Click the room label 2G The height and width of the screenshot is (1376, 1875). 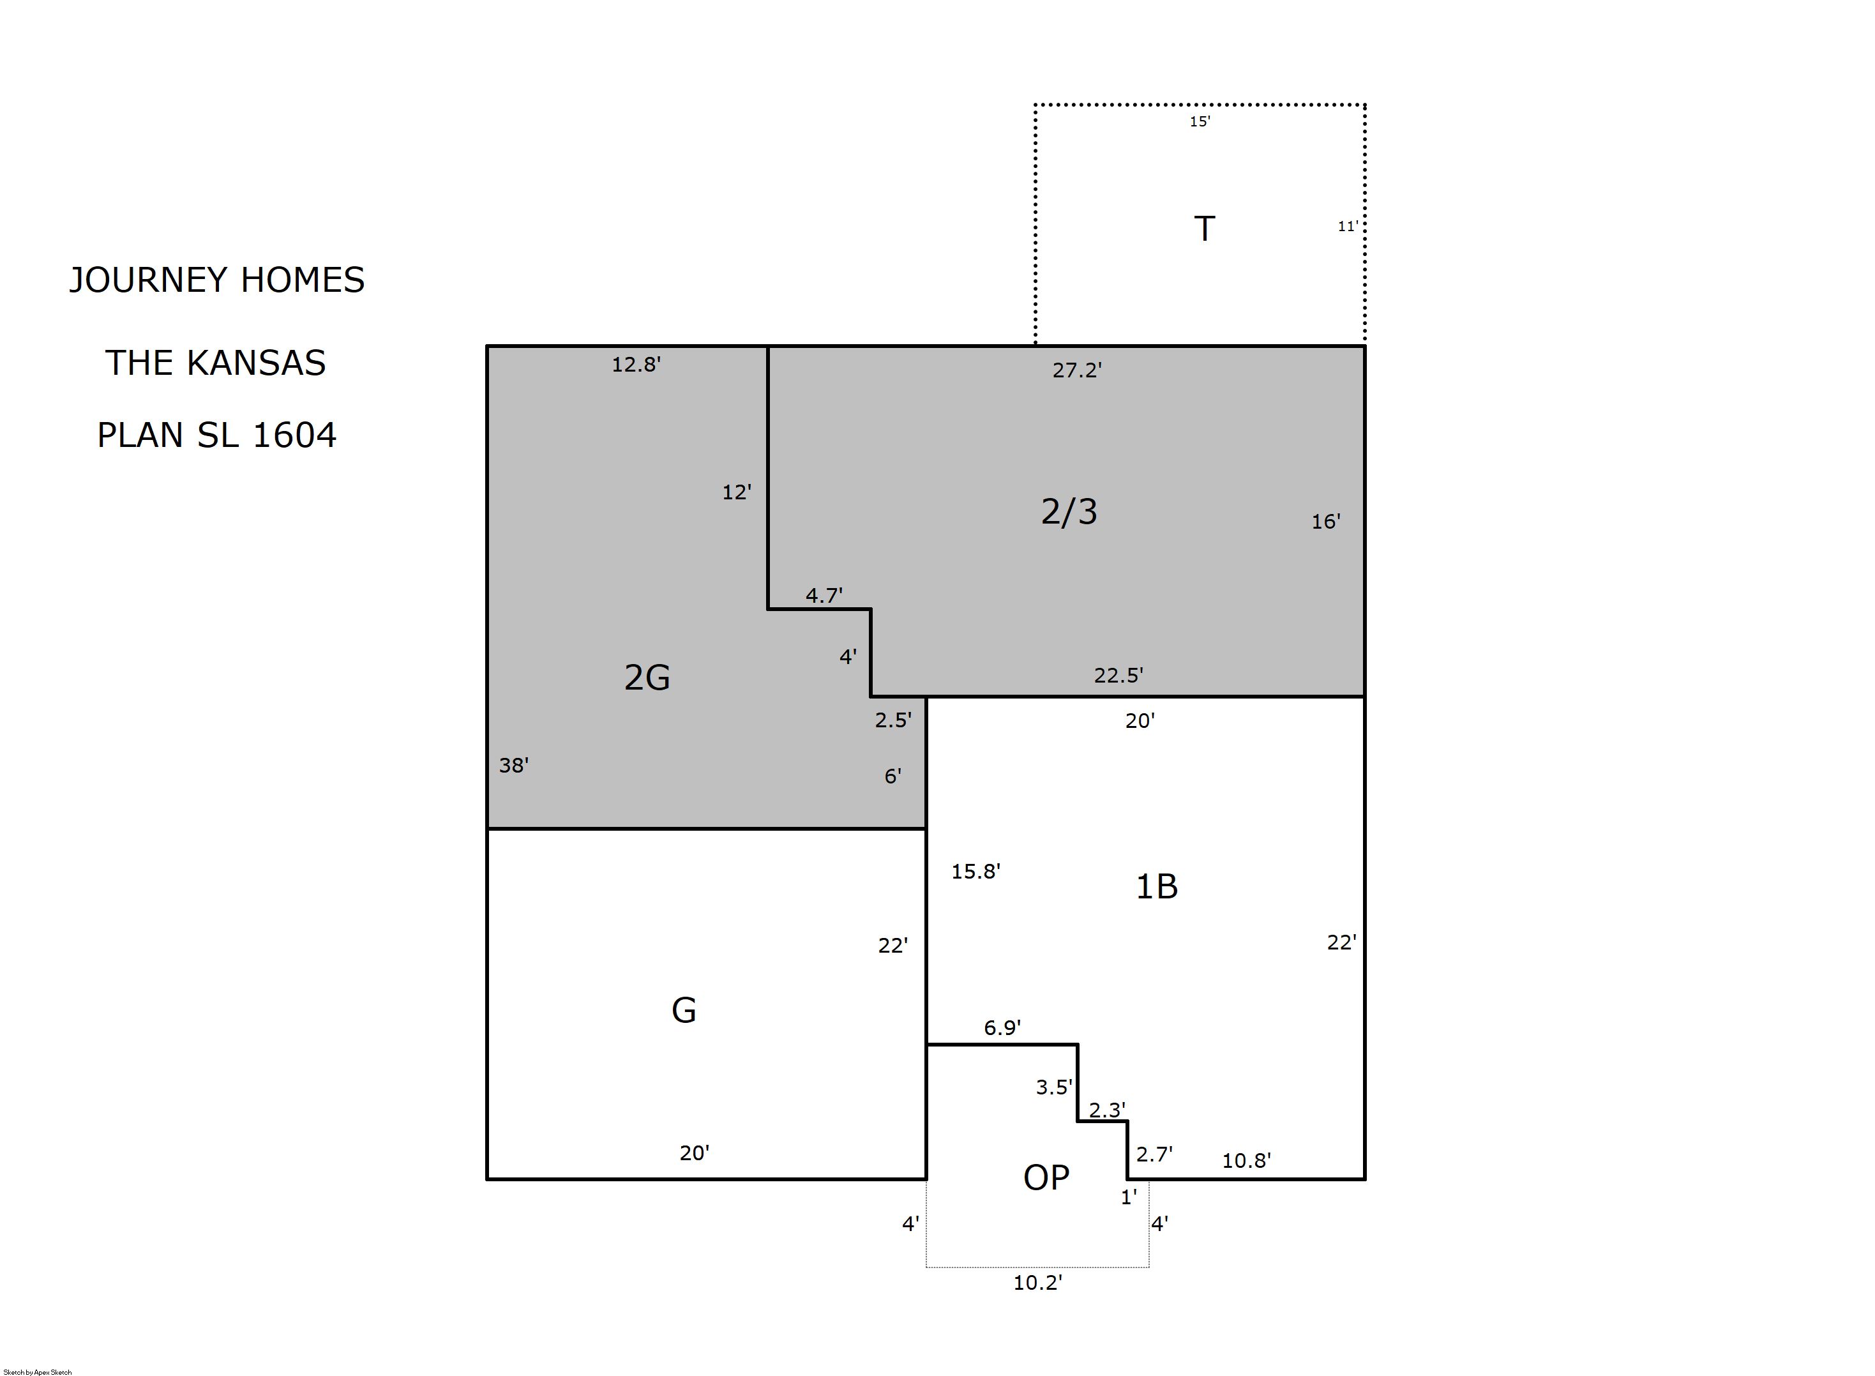click(647, 678)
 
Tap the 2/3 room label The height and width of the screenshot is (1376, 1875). click(1069, 511)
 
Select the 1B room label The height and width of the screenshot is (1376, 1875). click(1156, 887)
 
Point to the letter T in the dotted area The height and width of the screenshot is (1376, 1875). click(1204, 228)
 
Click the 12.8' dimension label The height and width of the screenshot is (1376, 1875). click(636, 365)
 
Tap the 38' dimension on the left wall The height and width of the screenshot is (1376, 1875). click(514, 766)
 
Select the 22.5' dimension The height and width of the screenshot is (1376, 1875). click(1118, 676)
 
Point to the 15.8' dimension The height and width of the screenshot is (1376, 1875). click(975, 871)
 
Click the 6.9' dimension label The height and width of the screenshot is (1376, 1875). click(1002, 1028)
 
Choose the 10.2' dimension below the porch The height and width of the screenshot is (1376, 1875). click(1037, 1283)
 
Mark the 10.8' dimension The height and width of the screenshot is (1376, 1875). click(1246, 1161)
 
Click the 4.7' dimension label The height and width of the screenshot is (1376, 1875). click(824, 596)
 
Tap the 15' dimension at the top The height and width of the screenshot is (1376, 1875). click(1200, 121)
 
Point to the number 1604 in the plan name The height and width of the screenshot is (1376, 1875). click(294, 435)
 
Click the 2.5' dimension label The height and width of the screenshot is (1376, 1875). click(893, 720)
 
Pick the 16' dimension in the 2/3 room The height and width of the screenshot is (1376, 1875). click(1327, 522)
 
